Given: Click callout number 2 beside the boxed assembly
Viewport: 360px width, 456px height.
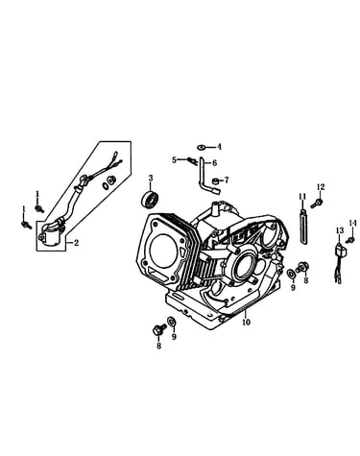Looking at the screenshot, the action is tap(76, 243).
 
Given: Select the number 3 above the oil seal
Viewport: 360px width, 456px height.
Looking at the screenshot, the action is tap(151, 179).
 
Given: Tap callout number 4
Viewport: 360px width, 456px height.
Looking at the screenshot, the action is tap(219, 147).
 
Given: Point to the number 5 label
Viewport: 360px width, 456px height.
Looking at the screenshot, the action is tap(175, 160).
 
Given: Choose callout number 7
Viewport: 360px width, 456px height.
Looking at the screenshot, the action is tap(227, 180).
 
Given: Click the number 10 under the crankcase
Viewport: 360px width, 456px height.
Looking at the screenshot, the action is tap(246, 322).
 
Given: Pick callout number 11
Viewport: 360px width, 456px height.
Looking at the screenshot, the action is tap(302, 196).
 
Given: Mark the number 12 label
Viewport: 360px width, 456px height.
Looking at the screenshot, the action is tap(321, 187).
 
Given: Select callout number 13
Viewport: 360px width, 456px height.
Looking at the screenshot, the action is tap(340, 230).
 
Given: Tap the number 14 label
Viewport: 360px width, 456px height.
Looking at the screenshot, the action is tap(352, 223).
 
